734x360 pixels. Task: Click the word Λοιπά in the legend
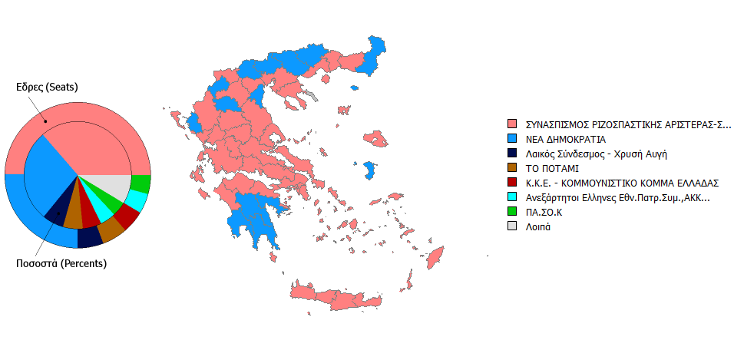tap(539, 226)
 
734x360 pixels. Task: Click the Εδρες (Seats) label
tap(47, 87)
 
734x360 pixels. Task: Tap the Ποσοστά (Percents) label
tap(61, 263)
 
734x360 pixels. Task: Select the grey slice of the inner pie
tap(111, 187)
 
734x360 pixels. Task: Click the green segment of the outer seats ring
tap(141, 184)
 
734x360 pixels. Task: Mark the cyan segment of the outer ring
tap(136, 201)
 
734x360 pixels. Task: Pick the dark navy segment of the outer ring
tap(91, 237)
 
